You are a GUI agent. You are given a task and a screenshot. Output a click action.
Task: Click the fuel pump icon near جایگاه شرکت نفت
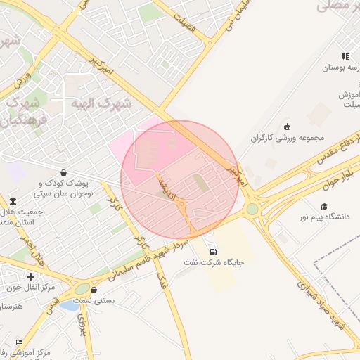pyautogui.click(x=212, y=252)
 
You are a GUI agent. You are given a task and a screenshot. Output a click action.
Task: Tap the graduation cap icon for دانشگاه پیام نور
pyautogui.click(x=324, y=206)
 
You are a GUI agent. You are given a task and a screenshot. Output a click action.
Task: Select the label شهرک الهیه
pyautogui.click(x=101, y=103)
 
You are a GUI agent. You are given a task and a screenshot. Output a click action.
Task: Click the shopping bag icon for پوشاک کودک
pyautogui.click(x=64, y=172)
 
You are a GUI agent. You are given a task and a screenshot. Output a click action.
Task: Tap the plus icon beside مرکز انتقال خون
pyautogui.click(x=30, y=276)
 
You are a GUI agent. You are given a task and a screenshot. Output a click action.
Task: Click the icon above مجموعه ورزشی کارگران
pyautogui.click(x=287, y=127)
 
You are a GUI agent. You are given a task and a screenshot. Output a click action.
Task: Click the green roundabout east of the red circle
pyautogui.click(x=252, y=209)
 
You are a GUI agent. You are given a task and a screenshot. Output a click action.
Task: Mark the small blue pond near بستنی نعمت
pyautogui.click(x=69, y=305)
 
